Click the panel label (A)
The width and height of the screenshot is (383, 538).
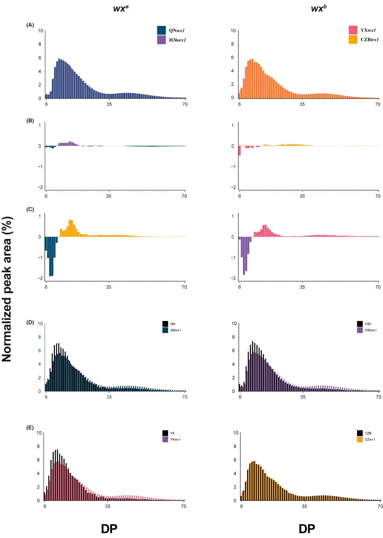[x=30, y=25]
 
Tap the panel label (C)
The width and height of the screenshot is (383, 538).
[x=30, y=209]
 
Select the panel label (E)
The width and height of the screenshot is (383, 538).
[x=30, y=427]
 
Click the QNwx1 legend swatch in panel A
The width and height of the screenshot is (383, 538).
[x=161, y=30]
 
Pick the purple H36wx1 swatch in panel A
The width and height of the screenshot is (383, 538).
[x=161, y=40]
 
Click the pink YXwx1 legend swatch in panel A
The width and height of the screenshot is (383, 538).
[x=353, y=30]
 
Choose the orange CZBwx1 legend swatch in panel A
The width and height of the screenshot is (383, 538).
[x=353, y=39]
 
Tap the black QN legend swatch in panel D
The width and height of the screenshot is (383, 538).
[x=165, y=324]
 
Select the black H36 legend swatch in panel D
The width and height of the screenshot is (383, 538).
[x=360, y=324]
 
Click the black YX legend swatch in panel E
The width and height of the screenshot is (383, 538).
[x=165, y=433]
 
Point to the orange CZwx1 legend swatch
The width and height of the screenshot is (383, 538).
[x=360, y=439]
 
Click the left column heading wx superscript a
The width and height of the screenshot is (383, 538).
[x=121, y=8]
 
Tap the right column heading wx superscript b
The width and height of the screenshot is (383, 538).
[x=319, y=8]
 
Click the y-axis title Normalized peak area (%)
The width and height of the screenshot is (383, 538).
[x=7, y=289]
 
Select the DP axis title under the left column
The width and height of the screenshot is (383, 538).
[x=109, y=529]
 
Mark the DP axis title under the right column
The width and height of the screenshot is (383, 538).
[x=307, y=529]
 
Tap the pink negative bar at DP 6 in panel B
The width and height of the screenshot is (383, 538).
[x=240, y=151]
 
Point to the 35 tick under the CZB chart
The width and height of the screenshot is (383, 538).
[x=304, y=506]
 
